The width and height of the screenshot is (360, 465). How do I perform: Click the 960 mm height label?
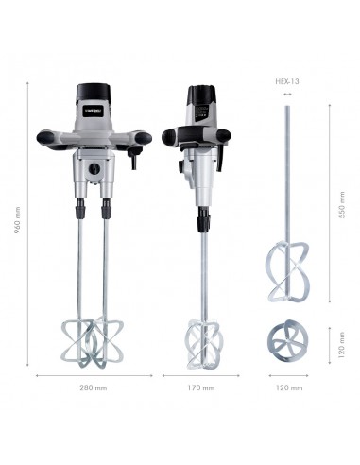(17, 220)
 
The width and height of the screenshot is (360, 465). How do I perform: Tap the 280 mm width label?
(94, 387)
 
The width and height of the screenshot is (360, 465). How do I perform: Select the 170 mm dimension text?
(201, 387)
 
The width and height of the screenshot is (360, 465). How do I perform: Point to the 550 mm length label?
(342, 204)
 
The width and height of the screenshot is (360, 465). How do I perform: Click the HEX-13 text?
(287, 81)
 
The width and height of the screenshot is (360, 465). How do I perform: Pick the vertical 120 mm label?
(341, 345)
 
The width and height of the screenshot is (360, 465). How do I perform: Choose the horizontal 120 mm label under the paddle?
(289, 387)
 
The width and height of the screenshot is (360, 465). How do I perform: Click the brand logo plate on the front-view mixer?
(94, 111)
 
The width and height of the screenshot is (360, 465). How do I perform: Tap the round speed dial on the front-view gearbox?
(94, 168)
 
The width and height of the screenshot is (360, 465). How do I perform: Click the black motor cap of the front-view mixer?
(94, 92)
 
